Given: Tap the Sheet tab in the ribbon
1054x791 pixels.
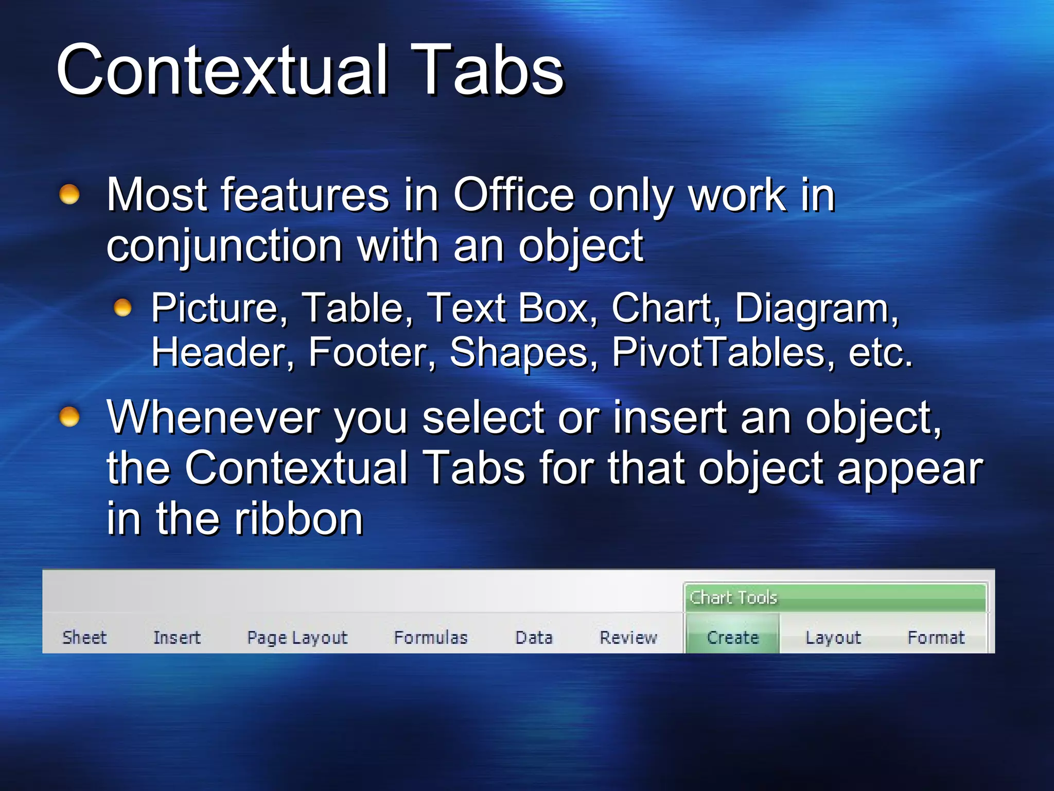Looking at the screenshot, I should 84,638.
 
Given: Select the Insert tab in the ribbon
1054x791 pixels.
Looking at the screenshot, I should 177,638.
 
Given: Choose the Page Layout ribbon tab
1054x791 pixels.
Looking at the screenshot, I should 297,638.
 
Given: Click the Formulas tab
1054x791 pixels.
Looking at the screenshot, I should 431,638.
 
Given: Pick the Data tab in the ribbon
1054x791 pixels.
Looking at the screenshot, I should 534,638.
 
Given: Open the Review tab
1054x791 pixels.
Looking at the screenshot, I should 628,638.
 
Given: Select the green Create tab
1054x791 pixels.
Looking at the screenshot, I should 733,638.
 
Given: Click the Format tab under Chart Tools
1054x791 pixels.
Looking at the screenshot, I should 936,638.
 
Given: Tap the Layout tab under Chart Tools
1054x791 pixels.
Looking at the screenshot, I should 833,638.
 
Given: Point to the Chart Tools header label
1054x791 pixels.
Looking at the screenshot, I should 733,597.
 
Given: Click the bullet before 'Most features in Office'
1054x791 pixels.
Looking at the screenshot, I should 69,195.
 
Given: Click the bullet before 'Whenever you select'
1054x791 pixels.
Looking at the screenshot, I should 69,417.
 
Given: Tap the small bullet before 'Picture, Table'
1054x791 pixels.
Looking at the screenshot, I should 122,308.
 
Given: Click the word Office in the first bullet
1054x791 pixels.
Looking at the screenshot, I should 513,195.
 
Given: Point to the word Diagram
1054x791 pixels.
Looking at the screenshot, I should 816,308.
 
